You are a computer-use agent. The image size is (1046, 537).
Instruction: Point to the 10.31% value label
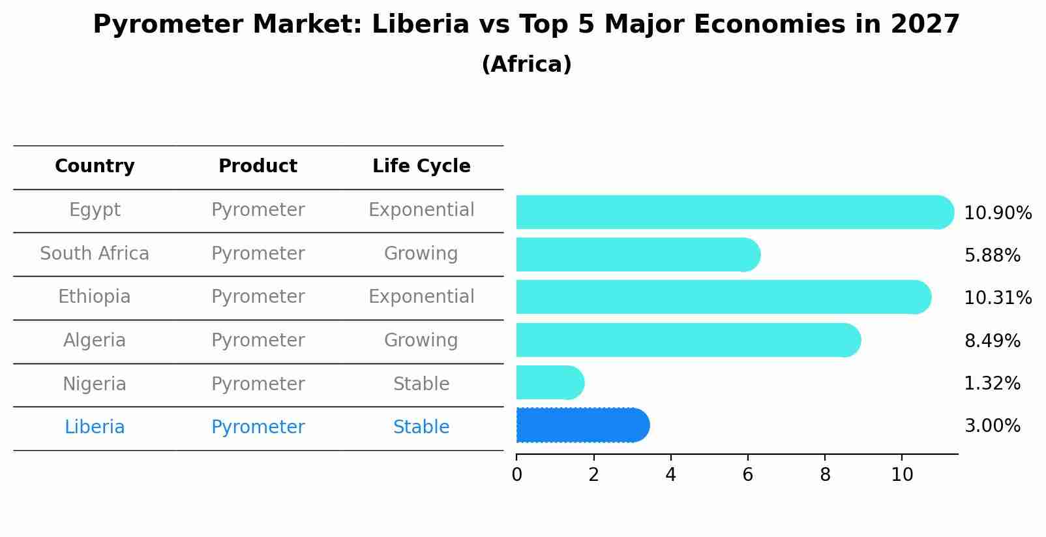click(x=997, y=298)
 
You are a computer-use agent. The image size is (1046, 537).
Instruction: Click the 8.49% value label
click(x=992, y=341)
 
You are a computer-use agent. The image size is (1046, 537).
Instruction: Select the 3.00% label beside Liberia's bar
click(x=992, y=426)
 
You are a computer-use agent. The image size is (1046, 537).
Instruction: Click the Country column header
click(x=95, y=166)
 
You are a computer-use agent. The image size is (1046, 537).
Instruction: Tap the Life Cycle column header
click(x=421, y=166)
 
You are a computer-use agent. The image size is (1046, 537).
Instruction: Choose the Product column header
click(x=258, y=166)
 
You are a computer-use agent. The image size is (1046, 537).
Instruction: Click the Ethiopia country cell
click(x=95, y=297)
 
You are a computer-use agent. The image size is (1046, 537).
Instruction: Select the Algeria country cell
click(x=95, y=341)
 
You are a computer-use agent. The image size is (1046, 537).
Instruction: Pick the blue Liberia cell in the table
click(x=95, y=427)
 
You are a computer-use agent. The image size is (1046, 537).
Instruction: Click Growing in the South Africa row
click(x=421, y=254)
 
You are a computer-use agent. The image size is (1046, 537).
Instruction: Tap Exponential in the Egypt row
click(x=421, y=210)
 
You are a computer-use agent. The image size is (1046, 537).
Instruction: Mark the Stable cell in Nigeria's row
click(x=421, y=384)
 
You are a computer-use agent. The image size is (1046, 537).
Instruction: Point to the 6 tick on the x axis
click(x=748, y=475)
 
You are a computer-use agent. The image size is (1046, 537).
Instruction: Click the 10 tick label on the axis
click(x=902, y=475)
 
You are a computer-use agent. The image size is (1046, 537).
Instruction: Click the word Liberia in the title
click(x=420, y=25)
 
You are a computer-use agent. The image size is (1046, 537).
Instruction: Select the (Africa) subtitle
click(x=526, y=65)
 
